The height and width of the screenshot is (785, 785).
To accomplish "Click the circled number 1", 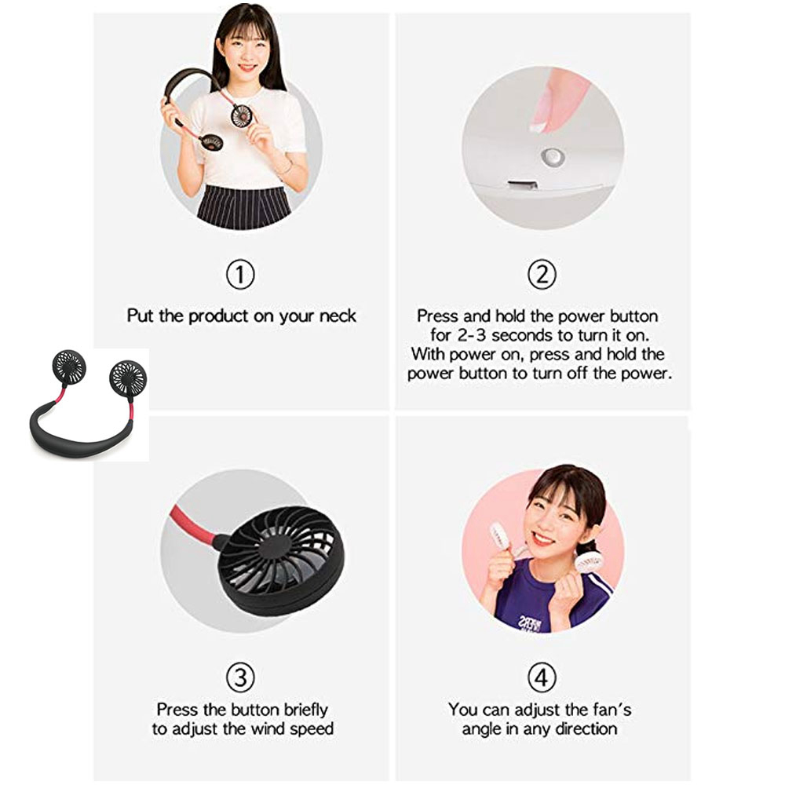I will point(241,275).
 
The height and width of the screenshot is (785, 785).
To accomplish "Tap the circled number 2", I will point(541,275).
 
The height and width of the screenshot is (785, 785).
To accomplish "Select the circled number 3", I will point(241,676).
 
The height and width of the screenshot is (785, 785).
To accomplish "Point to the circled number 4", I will point(541,676).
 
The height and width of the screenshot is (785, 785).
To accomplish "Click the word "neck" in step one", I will point(338,316).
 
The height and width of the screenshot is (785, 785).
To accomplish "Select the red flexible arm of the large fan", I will point(192,522).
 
